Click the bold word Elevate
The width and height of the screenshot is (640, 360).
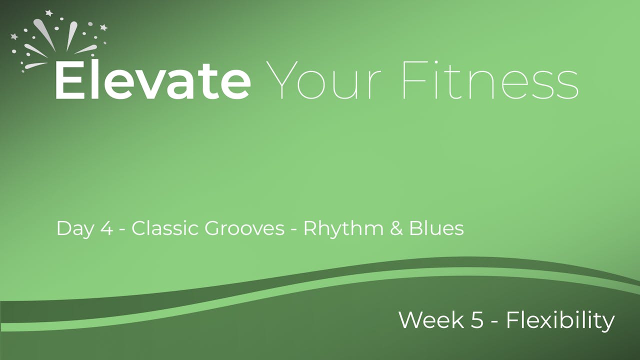153,79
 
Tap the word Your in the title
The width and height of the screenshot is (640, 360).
323,80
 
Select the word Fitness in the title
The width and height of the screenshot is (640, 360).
490,79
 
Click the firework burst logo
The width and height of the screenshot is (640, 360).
59,41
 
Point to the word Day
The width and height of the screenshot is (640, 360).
75,229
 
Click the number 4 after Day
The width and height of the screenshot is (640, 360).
107,228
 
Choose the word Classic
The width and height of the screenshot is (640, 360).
165,228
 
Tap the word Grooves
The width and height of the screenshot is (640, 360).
244,228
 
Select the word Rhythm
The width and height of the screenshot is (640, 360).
343,229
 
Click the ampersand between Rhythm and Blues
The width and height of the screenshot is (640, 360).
396,228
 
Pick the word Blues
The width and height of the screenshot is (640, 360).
436,228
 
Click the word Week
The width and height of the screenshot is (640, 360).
431,320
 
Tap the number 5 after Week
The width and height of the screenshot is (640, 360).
477,320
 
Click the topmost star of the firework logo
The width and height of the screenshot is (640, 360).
49,13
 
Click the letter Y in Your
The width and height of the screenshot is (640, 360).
282,80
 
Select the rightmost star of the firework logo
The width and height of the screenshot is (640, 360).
103,27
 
